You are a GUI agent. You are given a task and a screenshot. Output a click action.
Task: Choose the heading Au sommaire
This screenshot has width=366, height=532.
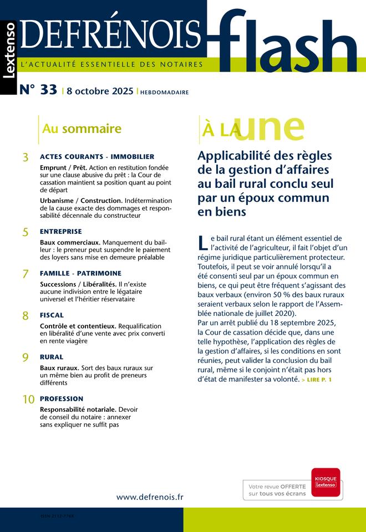(82, 129)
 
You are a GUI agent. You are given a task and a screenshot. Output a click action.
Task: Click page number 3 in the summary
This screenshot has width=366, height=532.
(26, 158)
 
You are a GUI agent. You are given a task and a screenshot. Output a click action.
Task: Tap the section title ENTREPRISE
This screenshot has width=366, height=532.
(61, 231)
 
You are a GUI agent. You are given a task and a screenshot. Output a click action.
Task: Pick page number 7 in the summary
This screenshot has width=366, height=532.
(26, 274)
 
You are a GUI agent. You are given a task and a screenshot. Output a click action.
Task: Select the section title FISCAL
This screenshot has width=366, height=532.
(52, 315)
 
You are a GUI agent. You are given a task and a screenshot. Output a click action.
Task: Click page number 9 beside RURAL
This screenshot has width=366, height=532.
(26, 358)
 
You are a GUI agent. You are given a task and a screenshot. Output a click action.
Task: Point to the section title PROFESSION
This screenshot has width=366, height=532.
(62, 398)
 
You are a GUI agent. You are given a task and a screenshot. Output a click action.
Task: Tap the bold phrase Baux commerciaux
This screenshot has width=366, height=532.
(70, 242)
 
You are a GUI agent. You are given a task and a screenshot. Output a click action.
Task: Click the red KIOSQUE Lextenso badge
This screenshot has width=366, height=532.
(326, 480)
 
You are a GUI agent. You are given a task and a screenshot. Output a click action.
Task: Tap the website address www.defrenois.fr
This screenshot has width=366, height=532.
(150, 497)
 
